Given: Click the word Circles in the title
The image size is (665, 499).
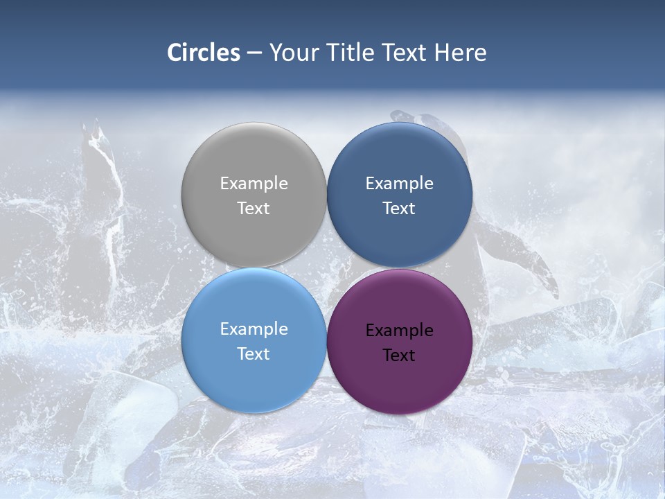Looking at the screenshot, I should point(204,53).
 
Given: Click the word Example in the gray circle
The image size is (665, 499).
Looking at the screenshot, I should point(254,184).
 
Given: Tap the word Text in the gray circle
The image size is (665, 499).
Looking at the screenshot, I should point(254,209).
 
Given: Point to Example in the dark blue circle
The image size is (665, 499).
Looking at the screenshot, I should point(399,184).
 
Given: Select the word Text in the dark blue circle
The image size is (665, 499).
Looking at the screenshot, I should point(399,209).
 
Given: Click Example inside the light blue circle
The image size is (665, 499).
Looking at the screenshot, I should point(254,329).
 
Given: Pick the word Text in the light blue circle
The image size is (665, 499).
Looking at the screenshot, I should point(254,354).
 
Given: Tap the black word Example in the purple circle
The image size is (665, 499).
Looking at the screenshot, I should point(399,331).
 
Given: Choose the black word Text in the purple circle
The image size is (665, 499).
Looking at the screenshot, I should point(399,356).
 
